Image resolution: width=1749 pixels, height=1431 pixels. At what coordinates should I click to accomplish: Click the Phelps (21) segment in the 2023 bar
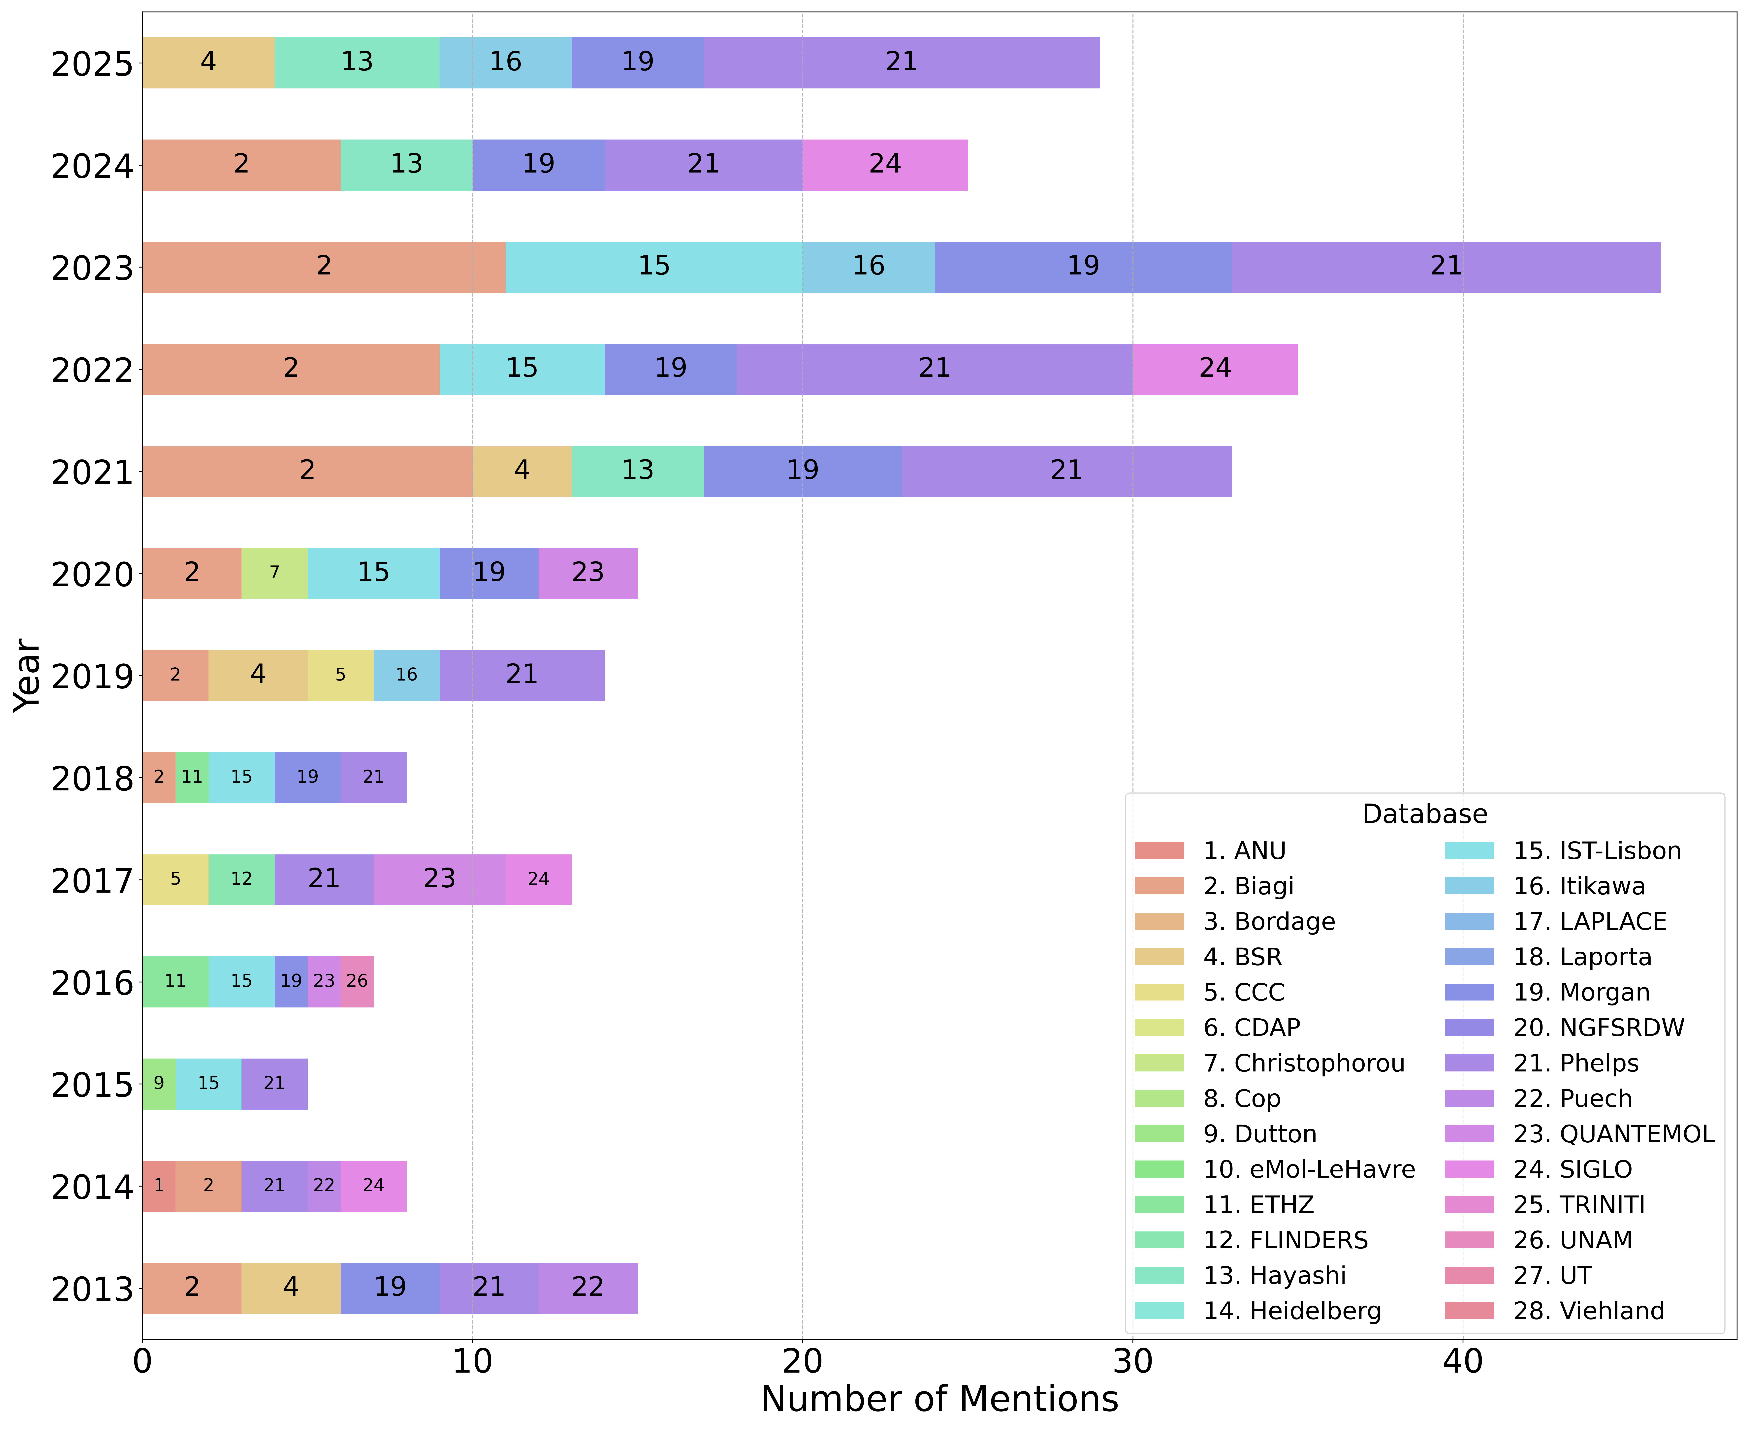click(1446, 266)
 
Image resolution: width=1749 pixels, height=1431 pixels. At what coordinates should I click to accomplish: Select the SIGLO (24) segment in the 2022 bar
click(1215, 368)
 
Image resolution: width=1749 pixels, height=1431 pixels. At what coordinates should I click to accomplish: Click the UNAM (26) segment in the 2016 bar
click(357, 981)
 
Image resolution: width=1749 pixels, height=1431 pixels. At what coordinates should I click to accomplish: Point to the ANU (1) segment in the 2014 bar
click(159, 1185)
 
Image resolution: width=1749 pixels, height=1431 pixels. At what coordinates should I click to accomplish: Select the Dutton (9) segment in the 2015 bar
click(159, 1083)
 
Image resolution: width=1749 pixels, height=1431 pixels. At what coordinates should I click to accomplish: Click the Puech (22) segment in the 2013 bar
click(588, 1288)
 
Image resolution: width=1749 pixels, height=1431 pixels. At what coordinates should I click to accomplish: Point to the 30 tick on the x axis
click(1132, 1362)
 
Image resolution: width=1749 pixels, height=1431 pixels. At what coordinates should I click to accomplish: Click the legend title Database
click(1424, 814)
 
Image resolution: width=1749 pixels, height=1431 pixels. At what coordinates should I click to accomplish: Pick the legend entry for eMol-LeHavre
click(1309, 1169)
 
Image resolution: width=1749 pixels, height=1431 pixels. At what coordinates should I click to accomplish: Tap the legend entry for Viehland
click(1588, 1311)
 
